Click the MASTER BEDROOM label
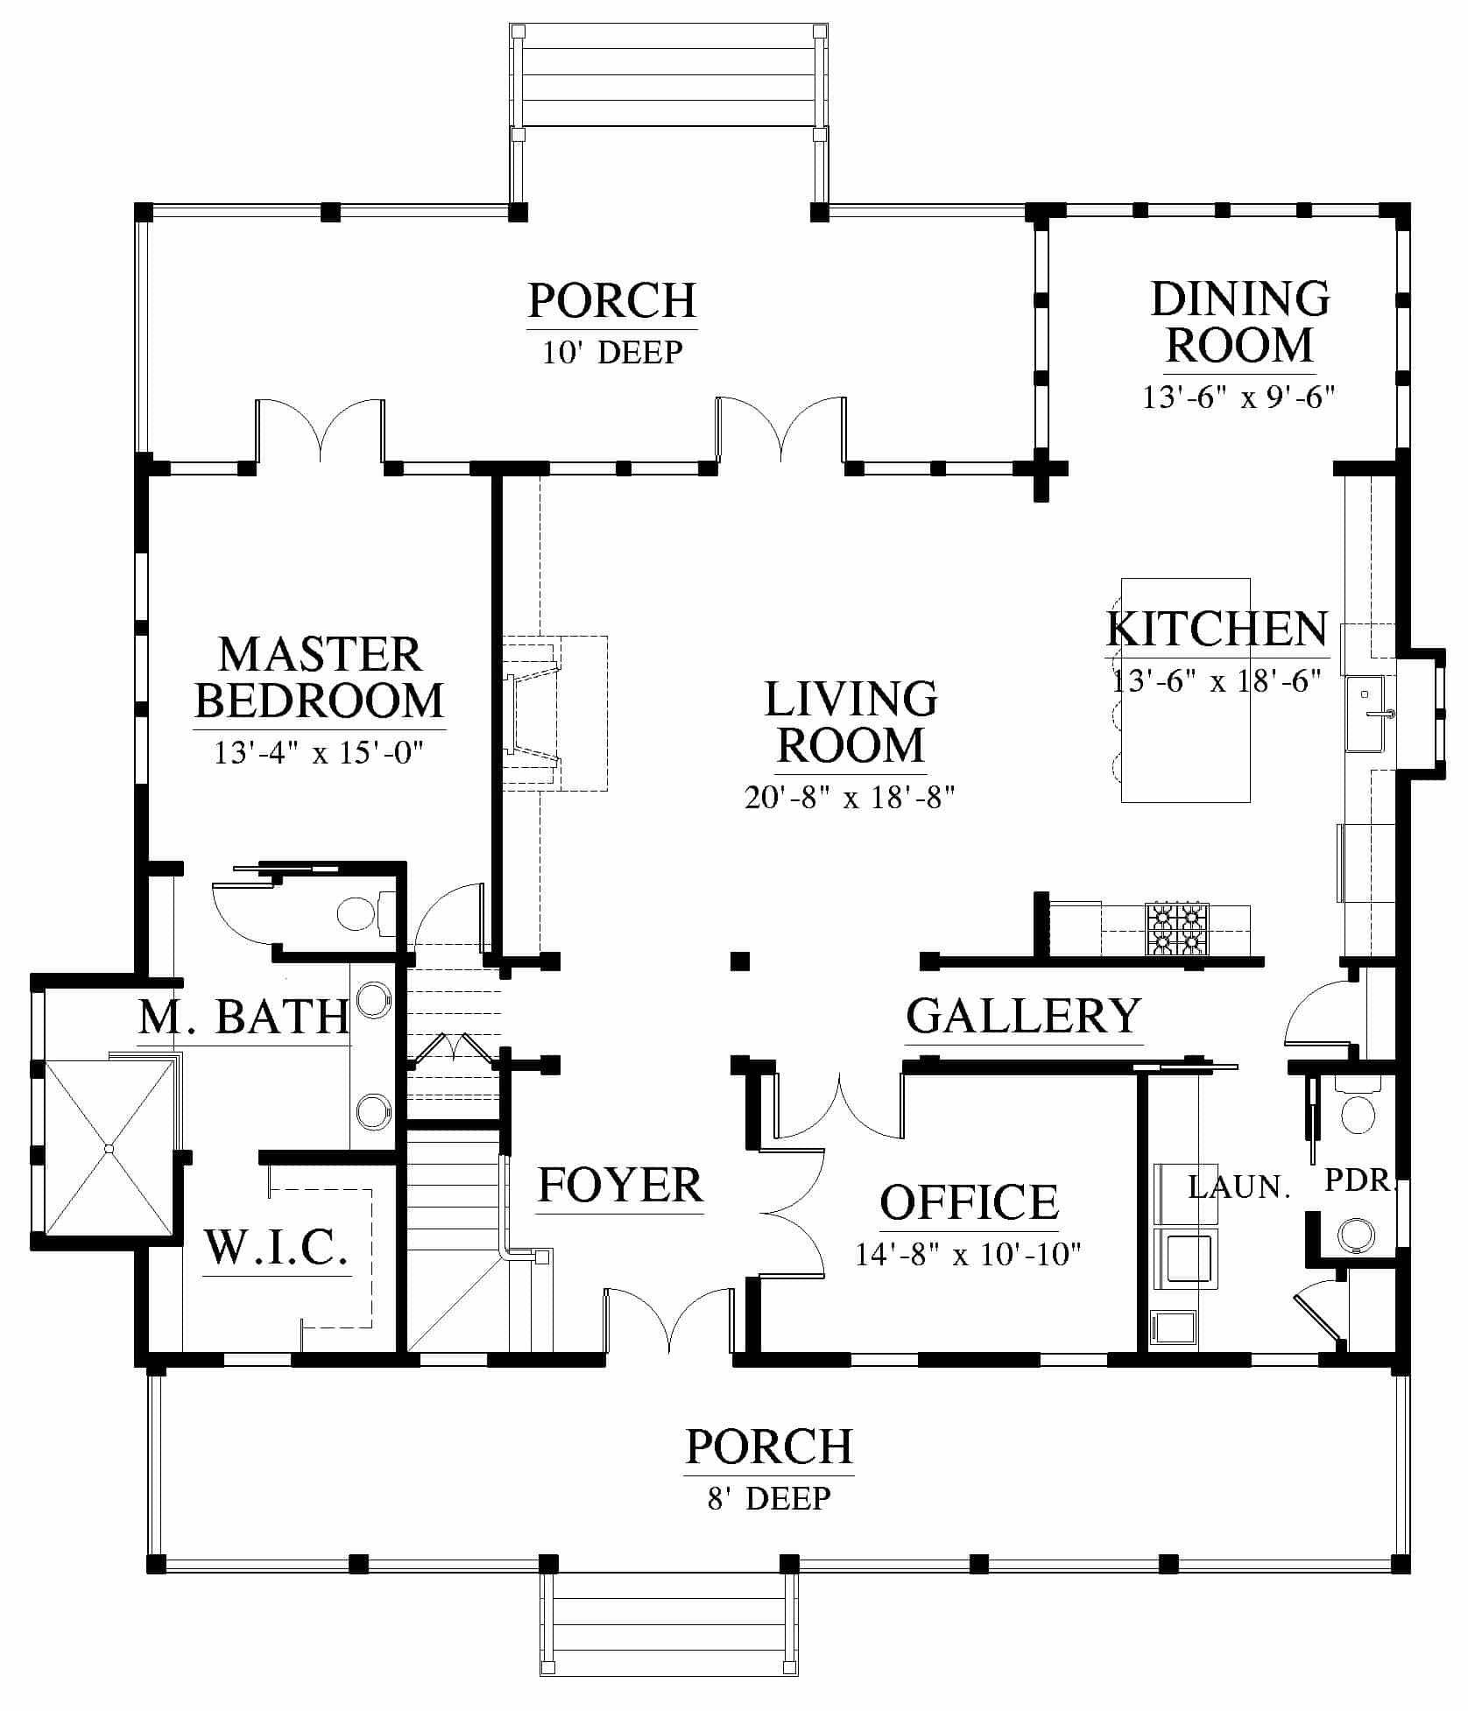320,678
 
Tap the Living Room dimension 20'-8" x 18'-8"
850,798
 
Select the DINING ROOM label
1240,321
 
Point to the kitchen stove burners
1176,928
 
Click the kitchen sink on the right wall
1366,713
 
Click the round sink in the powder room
1357,1235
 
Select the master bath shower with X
109,1147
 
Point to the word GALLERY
1023,1016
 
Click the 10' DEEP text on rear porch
612,352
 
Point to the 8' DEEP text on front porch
769,1498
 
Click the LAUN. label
1239,1187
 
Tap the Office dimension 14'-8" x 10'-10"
968,1255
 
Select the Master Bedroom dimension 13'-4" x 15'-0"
319,752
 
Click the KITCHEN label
1217,629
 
